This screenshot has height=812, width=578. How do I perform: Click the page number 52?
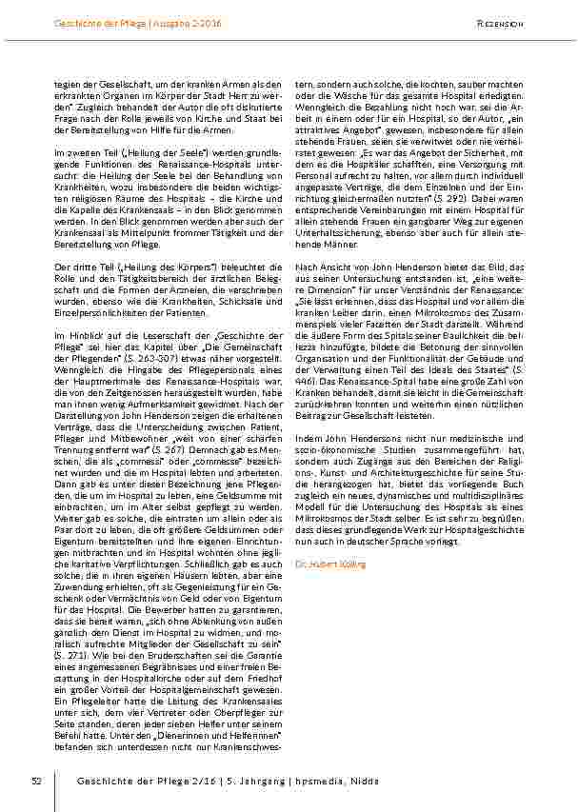coord(35,781)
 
